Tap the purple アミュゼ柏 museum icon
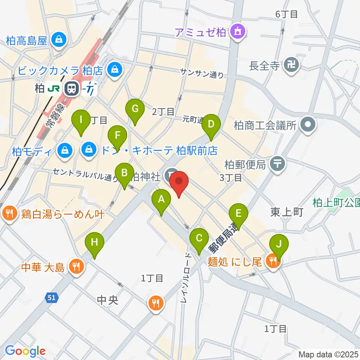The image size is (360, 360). [238, 32]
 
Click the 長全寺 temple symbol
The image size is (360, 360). [291, 65]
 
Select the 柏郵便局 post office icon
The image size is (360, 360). [278, 163]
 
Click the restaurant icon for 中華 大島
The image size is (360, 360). [76, 267]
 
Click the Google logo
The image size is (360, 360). [25, 351]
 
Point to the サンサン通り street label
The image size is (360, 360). [202, 73]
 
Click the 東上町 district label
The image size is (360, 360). [286, 212]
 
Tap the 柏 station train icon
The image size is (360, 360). [70, 88]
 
